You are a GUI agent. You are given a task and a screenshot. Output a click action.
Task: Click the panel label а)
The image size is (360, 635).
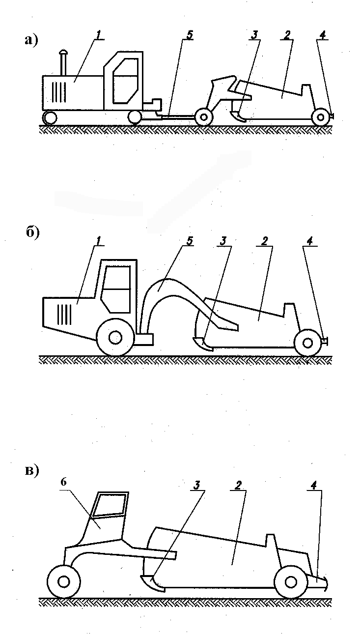[x=31, y=41]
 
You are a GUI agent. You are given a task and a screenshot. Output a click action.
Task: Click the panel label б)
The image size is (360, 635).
[x=32, y=233]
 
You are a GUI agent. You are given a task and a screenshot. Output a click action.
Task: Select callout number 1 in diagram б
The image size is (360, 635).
[x=98, y=241]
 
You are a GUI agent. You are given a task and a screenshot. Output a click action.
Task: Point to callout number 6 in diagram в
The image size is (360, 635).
[x=63, y=482]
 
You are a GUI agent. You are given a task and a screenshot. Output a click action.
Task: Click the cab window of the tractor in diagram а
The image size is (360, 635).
[x=125, y=81]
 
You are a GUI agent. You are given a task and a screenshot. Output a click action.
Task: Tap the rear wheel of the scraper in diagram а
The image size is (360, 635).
[x=320, y=117]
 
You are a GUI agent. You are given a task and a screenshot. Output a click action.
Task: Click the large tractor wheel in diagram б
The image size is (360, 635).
[x=115, y=337]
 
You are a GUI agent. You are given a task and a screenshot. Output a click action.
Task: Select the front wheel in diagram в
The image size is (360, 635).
[x=63, y=582]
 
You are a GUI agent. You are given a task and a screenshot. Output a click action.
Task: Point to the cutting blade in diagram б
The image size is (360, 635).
[x=203, y=343]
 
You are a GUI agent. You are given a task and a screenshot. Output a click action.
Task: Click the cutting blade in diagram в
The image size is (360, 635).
[x=153, y=583]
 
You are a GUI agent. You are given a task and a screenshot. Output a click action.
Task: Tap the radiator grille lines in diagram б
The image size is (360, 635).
[x=64, y=314]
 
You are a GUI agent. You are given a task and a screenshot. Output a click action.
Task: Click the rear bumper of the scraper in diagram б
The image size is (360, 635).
[x=325, y=341]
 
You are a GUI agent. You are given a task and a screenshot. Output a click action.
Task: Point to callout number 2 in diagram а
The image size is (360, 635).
[x=287, y=35]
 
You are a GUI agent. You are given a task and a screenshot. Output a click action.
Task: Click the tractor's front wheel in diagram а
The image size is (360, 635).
[x=50, y=118]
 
